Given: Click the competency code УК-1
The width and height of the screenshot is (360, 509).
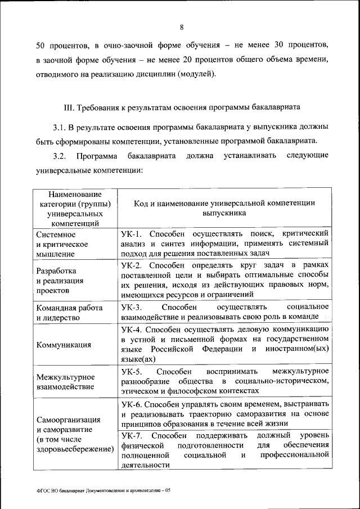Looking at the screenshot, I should [x=133, y=233].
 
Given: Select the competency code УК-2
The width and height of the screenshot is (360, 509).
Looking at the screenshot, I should [x=133, y=264].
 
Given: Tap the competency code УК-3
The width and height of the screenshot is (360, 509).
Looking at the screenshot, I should [x=133, y=307].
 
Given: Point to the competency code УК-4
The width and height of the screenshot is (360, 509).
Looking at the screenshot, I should [x=133, y=328].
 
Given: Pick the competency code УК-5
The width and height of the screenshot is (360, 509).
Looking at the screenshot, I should [x=133, y=372].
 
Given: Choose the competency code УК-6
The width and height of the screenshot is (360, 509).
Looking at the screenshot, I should [x=133, y=404].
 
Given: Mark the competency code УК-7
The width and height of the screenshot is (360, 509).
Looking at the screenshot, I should [x=133, y=436].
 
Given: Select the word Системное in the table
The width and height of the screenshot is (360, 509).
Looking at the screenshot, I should [x=55, y=234].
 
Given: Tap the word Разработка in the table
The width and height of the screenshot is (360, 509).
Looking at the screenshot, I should [x=56, y=270].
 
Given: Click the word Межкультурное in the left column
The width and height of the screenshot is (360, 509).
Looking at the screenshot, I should [x=65, y=377].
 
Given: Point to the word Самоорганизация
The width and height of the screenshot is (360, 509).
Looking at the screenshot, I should [x=68, y=420].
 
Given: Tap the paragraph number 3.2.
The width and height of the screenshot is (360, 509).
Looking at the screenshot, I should [x=60, y=155].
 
